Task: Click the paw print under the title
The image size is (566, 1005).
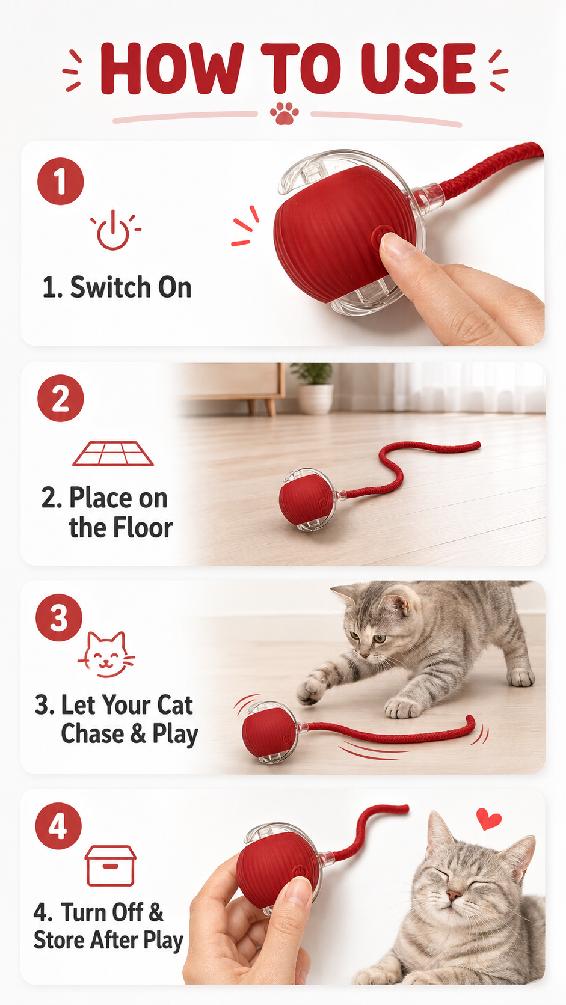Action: (x=284, y=114)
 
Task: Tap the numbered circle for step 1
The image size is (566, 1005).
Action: (x=61, y=181)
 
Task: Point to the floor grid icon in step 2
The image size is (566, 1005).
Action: (x=113, y=453)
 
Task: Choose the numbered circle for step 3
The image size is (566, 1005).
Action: (x=59, y=618)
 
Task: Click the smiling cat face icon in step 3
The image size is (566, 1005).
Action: (x=106, y=654)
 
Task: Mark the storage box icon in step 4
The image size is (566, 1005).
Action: (x=111, y=866)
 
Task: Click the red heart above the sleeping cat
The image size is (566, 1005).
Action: (x=488, y=819)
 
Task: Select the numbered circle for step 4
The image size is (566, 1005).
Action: (x=59, y=826)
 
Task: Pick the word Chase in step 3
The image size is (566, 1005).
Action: (x=92, y=734)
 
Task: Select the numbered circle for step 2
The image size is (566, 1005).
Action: (x=61, y=398)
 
